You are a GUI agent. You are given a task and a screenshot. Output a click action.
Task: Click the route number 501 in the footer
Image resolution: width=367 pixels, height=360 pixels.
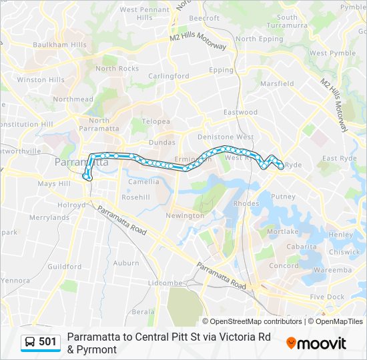click(x=47, y=342)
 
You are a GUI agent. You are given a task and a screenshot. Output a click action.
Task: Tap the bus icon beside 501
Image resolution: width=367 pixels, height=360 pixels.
click(x=30, y=342)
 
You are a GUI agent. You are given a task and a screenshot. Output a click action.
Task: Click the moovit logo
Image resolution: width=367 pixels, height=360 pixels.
click(x=316, y=343)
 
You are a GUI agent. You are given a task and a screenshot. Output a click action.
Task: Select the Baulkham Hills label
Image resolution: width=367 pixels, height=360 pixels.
click(x=60, y=45)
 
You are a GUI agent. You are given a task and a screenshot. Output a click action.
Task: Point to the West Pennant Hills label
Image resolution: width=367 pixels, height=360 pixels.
click(x=144, y=13)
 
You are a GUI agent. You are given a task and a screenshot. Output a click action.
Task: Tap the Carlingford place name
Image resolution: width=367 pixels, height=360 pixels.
click(x=168, y=76)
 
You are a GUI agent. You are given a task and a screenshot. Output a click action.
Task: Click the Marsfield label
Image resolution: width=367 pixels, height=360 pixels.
click(x=277, y=84)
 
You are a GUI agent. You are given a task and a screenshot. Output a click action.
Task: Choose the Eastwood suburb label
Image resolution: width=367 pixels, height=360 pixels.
click(x=240, y=112)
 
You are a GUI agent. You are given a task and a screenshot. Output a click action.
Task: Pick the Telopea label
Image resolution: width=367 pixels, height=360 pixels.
click(x=155, y=122)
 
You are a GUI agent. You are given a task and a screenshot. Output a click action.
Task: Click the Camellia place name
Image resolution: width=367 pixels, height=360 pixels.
click(x=143, y=181)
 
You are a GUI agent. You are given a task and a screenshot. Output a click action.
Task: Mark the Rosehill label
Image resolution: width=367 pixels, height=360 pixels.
click(x=135, y=197)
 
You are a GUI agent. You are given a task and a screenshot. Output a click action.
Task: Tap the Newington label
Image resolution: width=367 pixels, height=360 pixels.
click(x=185, y=216)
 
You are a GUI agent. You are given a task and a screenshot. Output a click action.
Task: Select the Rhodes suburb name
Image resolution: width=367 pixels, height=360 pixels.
click(x=247, y=204)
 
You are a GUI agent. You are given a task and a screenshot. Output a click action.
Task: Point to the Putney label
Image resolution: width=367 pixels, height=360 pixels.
click(x=283, y=197)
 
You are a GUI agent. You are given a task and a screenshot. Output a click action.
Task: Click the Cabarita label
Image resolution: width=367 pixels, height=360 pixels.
click(x=301, y=247)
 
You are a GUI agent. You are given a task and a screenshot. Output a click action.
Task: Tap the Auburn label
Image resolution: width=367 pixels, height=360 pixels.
click(x=126, y=263)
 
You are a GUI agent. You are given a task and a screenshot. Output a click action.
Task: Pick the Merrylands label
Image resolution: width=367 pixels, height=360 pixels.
click(x=49, y=217)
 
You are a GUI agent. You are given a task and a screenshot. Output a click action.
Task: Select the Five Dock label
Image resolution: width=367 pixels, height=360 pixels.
click(x=327, y=297)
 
